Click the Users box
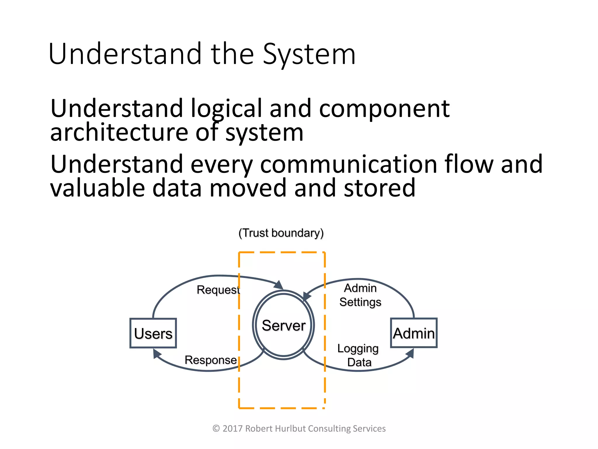pyautogui.click(x=153, y=333)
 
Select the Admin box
pyautogui.click(x=414, y=333)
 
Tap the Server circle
pyautogui.click(x=283, y=325)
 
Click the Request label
pyautogui.click(x=218, y=290)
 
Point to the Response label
pyautogui.click(x=211, y=360)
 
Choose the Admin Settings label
pyautogui.click(x=360, y=295)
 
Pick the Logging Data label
pyautogui.click(x=358, y=355)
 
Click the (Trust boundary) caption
pyautogui.click(x=281, y=233)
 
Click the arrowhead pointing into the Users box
pyautogui.click(x=157, y=354)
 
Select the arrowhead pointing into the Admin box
pyautogui.click(x=410, y=353)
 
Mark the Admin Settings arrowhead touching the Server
pyautogui.click(x=306, y=296)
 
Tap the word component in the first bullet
pyautogui.click(x=384, y=108)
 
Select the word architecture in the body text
pyautogui.click(x=119, y=132)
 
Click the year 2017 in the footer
pyautogui.click(x=233, y=429)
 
